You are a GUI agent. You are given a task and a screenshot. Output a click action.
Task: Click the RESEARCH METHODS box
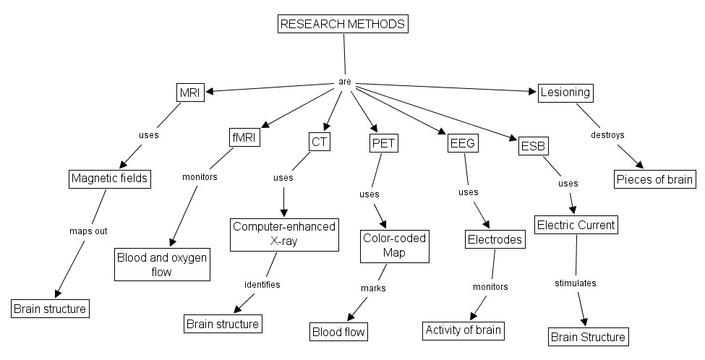point(343,24)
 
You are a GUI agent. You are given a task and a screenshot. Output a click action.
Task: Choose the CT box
point(320,142)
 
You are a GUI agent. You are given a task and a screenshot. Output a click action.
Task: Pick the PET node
point(383,143)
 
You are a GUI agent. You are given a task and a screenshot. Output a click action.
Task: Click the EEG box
point(461,143)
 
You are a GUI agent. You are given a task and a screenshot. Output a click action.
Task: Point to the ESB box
point(534,147)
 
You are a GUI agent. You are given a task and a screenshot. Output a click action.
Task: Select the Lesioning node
point(565,93)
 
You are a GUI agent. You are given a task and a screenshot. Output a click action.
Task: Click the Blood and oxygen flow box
point(162,265)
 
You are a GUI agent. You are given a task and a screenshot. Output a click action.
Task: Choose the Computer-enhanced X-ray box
point(284,234)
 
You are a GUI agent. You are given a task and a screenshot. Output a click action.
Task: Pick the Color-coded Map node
point(394,246)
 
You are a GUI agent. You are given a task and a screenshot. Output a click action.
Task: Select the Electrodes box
point(495,240)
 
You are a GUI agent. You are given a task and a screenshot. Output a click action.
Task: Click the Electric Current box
point(576,225)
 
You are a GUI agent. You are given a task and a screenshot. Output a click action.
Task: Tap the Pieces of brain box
point(655,179)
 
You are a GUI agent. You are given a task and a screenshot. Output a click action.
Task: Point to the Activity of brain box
point(463,330)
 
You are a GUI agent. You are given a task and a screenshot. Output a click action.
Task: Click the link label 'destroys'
point(607,134)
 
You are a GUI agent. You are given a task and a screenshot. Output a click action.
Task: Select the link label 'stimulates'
point(575,283)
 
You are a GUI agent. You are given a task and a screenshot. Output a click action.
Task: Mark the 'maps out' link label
point(88,231)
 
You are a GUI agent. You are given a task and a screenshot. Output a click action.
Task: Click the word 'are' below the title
point(345,82)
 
